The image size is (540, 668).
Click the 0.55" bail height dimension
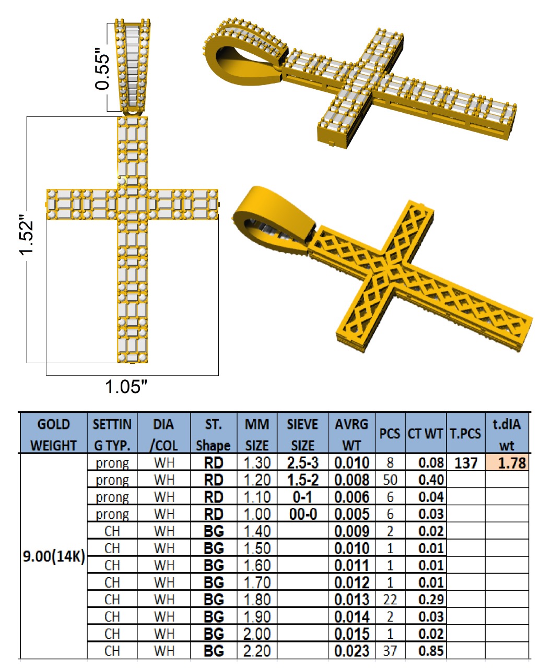[102, 69]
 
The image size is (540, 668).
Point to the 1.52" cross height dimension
[26, 235]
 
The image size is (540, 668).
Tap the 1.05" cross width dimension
[126, 386]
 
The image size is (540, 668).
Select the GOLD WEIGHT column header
[53, 435]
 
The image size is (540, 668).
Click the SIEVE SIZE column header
[302, 435]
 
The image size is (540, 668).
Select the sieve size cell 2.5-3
[303, 463]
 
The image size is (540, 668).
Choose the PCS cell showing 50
[390, 480]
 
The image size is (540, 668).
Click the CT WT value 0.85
[431, 651]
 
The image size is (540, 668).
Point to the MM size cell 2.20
[256, 651]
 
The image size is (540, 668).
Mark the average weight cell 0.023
[351, 651]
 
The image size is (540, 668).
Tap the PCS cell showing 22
[390, 600]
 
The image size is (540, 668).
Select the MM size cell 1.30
[257, 463]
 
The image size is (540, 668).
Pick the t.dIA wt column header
[507, 435]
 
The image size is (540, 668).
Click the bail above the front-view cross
[133, 66]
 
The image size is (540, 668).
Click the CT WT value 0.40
[431, 480]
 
